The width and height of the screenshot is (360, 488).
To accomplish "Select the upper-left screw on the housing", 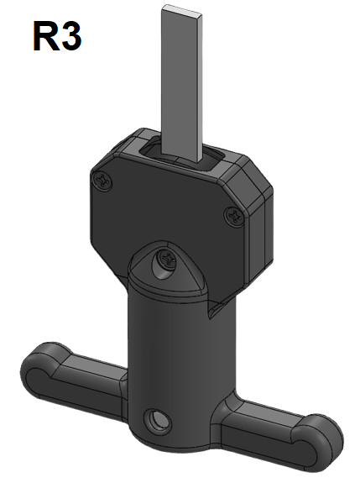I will pos(105,178).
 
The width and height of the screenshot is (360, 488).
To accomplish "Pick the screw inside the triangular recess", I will pos(165,261).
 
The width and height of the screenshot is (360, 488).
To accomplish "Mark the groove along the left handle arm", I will pos(80,370).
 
